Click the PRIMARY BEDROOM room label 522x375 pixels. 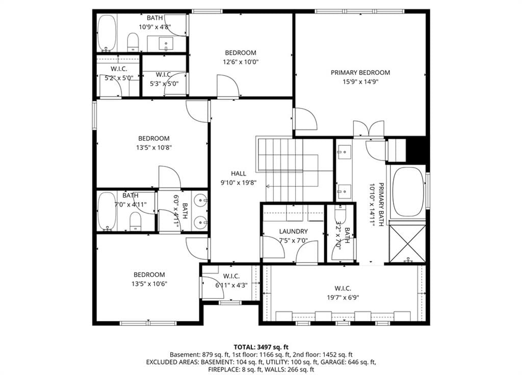[360, 72]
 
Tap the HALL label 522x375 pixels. [239, 173]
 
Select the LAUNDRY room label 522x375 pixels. [293, 231]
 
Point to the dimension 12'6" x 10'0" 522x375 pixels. [241, 62]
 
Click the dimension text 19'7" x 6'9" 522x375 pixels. [343, 298]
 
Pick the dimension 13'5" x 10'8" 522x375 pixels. [154, 147]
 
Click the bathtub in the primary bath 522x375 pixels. [408, 192]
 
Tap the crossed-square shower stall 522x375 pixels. [407, 244]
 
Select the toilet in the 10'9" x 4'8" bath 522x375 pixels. [133, 42]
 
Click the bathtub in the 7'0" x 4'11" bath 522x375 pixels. [107, 211]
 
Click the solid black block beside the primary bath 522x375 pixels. [416, 150]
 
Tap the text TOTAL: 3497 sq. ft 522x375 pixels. [261, 347]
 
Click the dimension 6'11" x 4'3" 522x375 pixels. [231, 285]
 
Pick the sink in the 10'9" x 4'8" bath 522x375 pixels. [166, 43]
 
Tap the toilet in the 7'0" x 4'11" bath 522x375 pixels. [135, 222]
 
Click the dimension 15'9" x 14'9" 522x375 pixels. [360, 82]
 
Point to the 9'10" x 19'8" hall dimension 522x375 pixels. [239, 182]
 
